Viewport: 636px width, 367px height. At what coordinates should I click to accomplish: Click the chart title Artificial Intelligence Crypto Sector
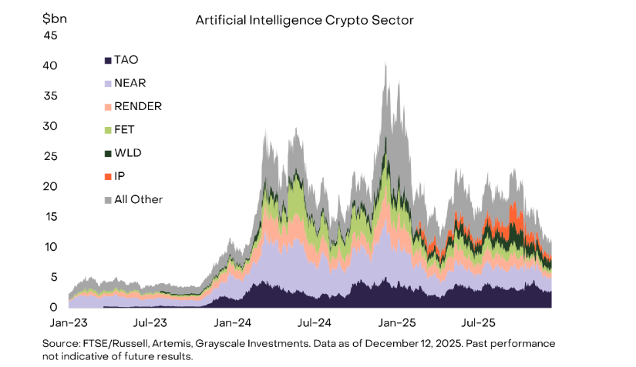coord(305,20)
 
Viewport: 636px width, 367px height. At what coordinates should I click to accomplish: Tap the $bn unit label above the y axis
coord(54,17)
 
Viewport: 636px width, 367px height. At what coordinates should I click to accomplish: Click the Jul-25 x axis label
coord(478,322)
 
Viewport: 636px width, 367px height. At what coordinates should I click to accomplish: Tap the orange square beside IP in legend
coord(107,176)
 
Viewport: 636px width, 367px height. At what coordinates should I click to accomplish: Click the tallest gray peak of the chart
coord(385,64)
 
